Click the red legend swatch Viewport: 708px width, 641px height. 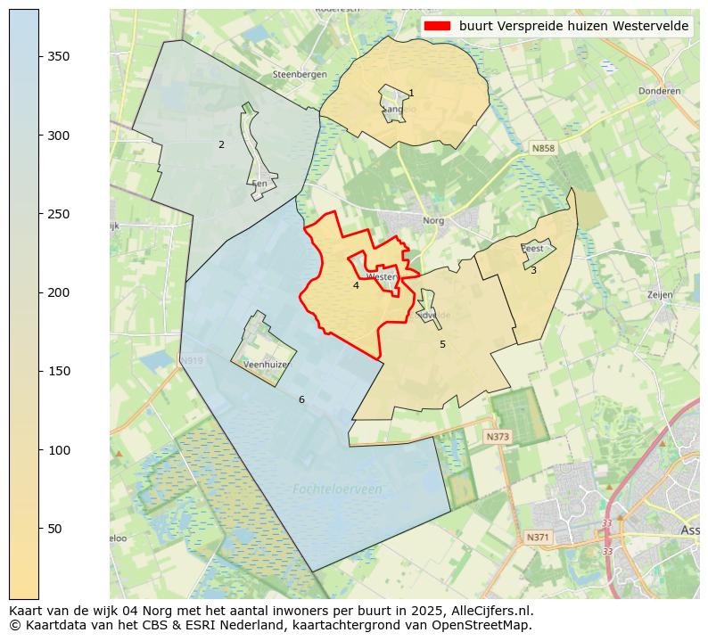coord(437,26)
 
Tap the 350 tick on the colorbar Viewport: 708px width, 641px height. coord(39,56)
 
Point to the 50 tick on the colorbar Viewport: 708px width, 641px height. coord(39,529)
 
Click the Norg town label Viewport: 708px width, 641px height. coord(433,220)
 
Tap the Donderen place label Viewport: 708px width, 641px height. coord(659,91)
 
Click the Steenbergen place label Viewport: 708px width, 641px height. coord(300,75)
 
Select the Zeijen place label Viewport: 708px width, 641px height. coord(660,293)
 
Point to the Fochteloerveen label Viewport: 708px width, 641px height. coord(337,489)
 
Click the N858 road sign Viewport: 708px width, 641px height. coord(542,148)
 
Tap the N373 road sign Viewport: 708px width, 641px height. coord(497,437)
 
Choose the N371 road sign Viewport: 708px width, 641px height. coord(538,538)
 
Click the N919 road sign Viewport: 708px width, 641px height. coord(192,361)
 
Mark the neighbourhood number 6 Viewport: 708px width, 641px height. coord(301,399)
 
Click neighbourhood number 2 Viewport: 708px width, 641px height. coord(221,144)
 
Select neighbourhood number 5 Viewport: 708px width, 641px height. coord(442,344)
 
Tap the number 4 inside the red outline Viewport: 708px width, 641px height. coord(356,285)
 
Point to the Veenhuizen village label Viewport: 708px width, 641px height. coord(268,365)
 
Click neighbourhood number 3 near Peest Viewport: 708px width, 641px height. coord(533,270)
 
